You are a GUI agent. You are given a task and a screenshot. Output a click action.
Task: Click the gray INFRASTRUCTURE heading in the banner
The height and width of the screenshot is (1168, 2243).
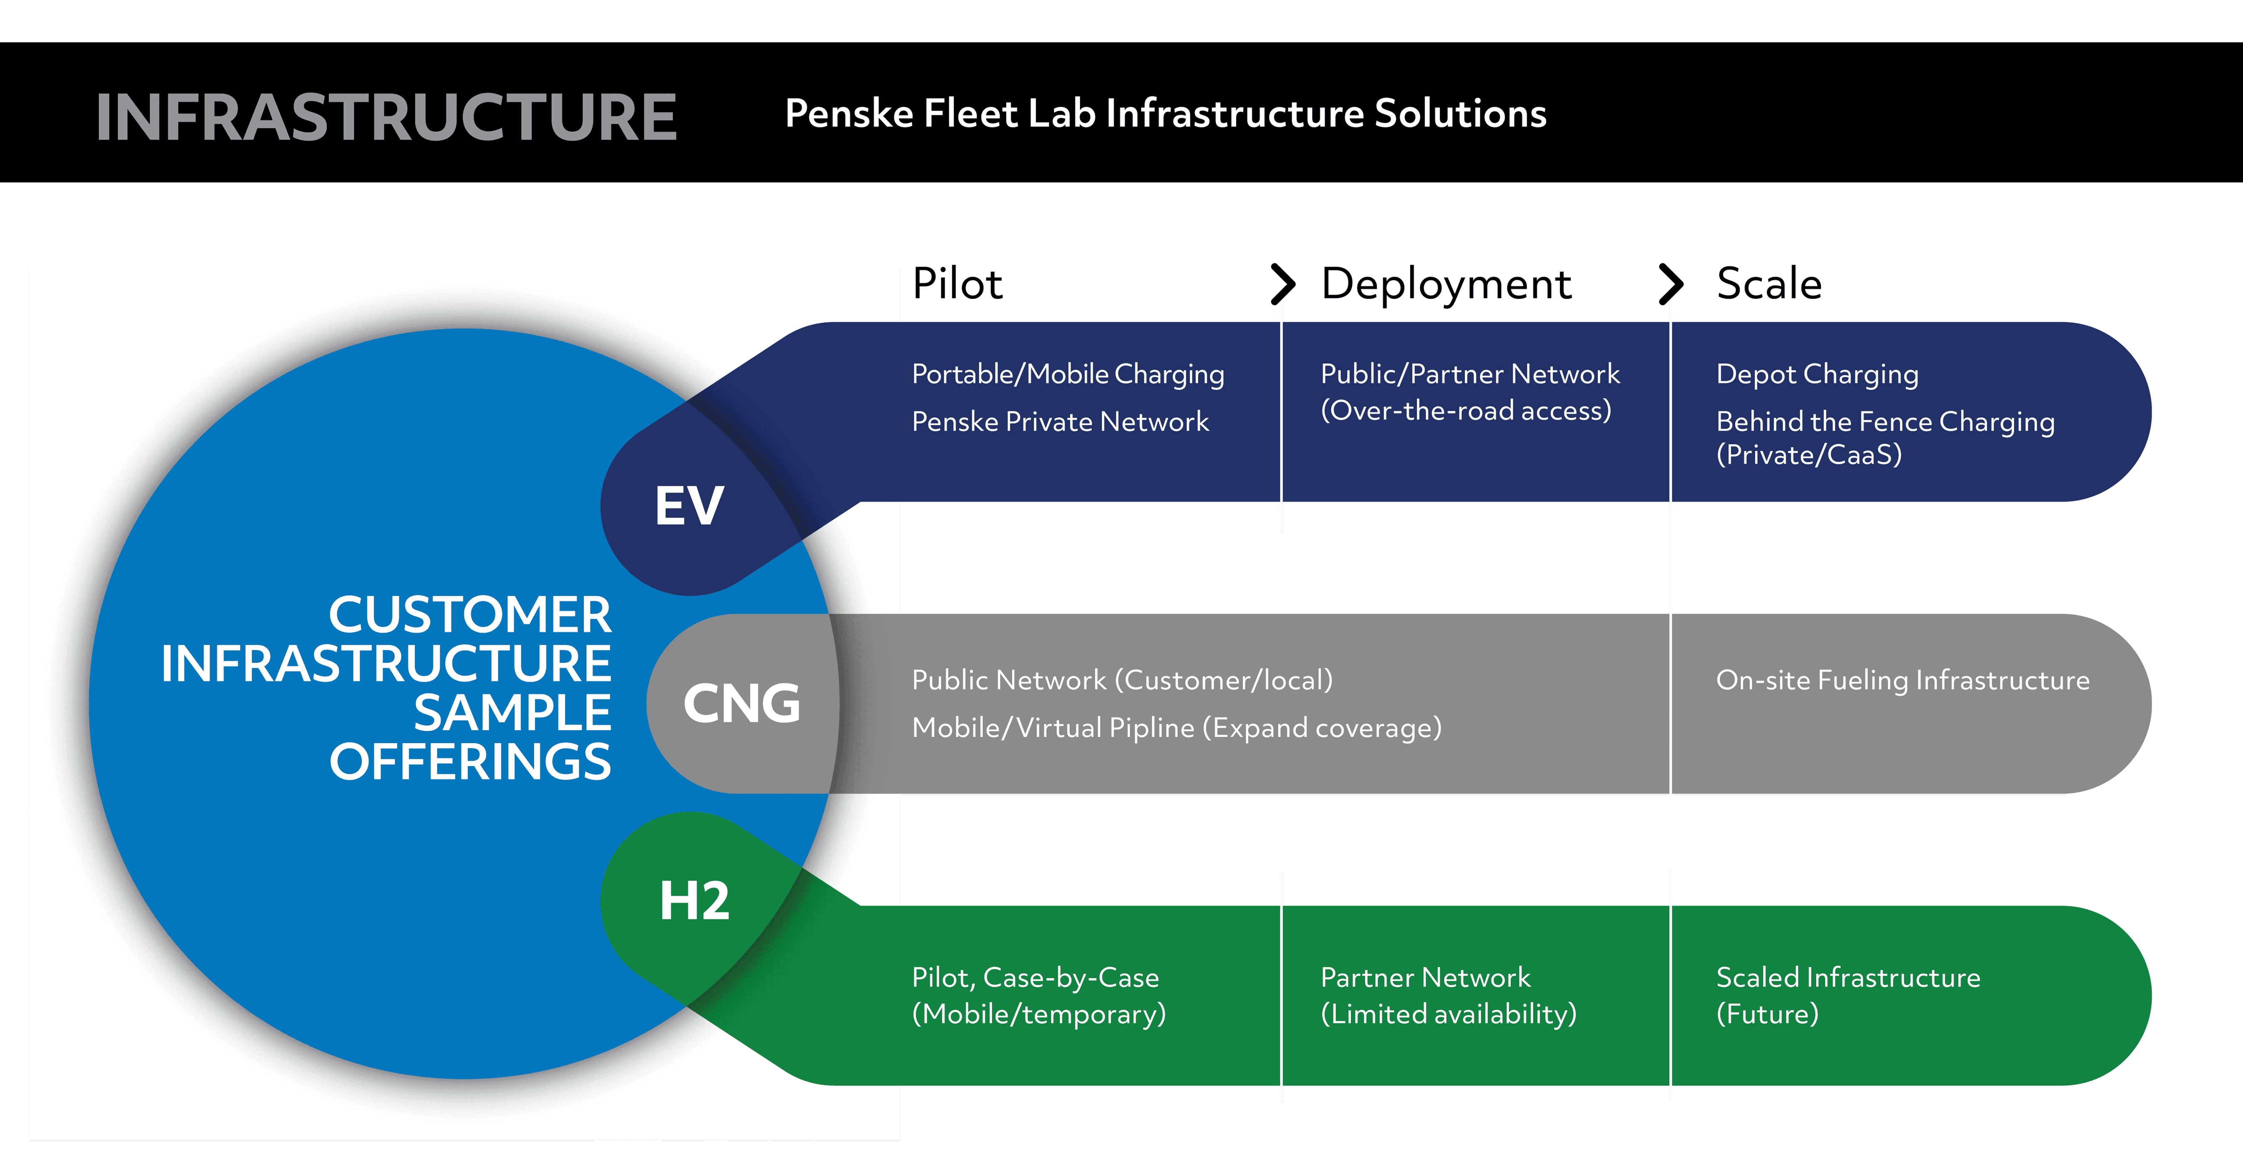pyautogui.click(x=386, y=118)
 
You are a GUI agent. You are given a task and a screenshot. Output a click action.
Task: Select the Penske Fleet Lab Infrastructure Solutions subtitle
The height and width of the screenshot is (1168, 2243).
pyautogui.click(x=1165, y=114)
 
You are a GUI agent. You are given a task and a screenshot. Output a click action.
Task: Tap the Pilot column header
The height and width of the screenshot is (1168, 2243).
pyautogui.click(x=957, y=284)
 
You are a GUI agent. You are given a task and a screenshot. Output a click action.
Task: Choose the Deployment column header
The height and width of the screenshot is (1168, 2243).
pyautogui.click(x=1446, y=284)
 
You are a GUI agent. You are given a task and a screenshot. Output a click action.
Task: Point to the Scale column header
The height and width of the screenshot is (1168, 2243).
pyautogui.click(x=1769, y=284)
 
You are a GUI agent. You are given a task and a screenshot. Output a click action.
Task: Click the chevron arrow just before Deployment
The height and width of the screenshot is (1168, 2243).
pyautogui.click(x=1282, y=284)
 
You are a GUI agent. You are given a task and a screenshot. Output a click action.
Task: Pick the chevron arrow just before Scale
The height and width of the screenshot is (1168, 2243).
pyautogui.click(x=1670, y=284)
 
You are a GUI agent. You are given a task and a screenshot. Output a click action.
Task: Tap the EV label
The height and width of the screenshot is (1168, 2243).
pyautogui.click(x=689, y=506)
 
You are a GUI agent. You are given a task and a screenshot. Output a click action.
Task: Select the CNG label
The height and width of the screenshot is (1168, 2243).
pyautogui.click(x=741, y=704)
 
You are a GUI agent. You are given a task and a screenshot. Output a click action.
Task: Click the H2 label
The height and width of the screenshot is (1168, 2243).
pyautogui.click(x=694, y=900)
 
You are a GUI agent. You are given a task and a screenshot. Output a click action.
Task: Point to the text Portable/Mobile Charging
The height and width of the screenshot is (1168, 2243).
pyautogui.click(x=1067, y=374)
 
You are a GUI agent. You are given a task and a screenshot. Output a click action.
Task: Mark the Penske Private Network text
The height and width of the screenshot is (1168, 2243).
pyautogui.click(x=1060, y=421)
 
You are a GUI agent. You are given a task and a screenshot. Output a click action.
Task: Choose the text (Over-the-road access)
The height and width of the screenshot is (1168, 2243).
pyautogui.click(x=1465, y=410)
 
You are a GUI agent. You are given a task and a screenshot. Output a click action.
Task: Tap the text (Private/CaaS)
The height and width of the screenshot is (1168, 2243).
pyautogui.click(x=1809, y=455)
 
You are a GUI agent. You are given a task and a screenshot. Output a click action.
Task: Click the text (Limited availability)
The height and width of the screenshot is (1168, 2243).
pyautogui.click(x=1448, y=1014)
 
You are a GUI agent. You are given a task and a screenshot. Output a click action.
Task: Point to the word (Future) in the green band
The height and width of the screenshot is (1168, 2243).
pyautogui.click(x=1767, y=1014)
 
